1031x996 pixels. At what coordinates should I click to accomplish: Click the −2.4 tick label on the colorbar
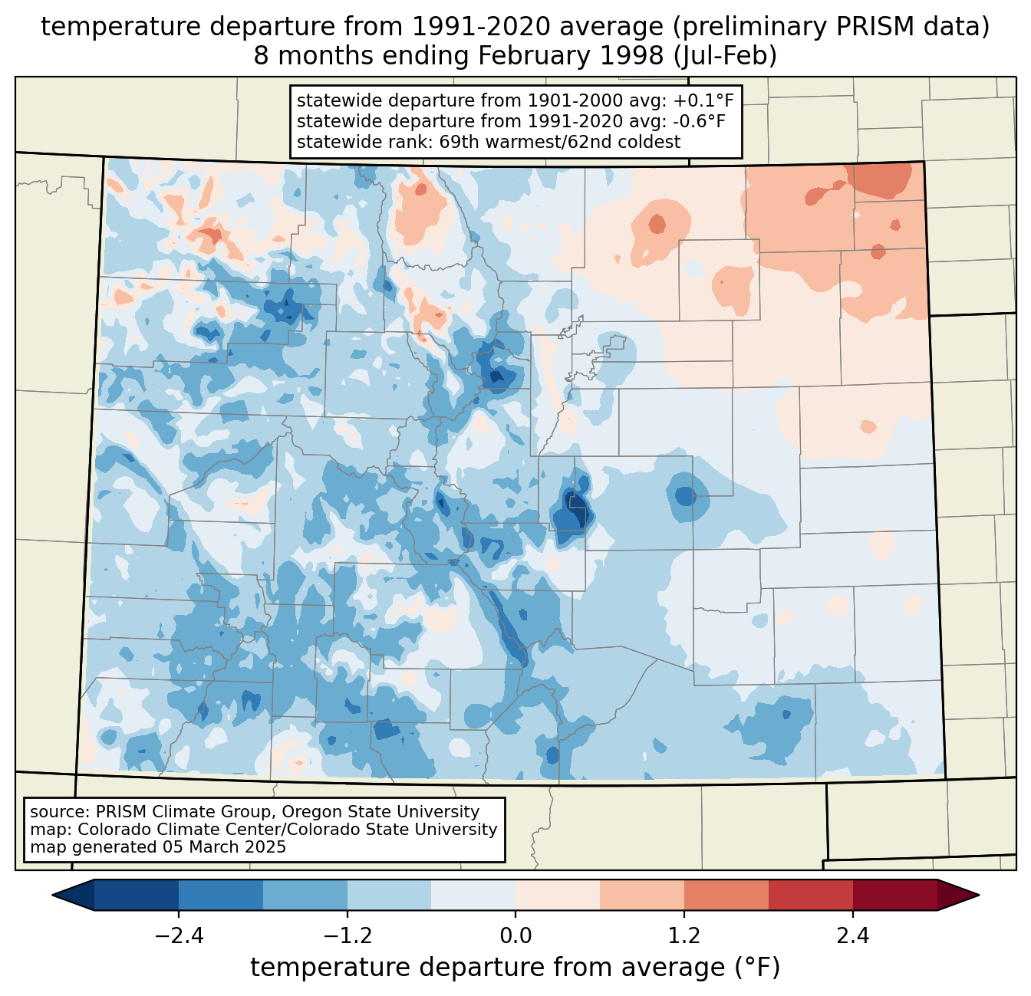(179, 936)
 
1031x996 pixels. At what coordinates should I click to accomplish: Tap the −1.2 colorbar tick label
(348, 936)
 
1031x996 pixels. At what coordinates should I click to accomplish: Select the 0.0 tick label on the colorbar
(515, 936)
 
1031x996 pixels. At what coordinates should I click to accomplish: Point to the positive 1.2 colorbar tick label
(684, 936)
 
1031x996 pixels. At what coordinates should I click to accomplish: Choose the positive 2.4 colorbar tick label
(852, 936)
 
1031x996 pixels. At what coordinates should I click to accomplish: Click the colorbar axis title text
(515, 968)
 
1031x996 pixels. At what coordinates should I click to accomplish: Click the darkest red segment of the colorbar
(894, 895)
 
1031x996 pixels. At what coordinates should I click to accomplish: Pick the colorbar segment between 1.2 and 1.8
(726, 895)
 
